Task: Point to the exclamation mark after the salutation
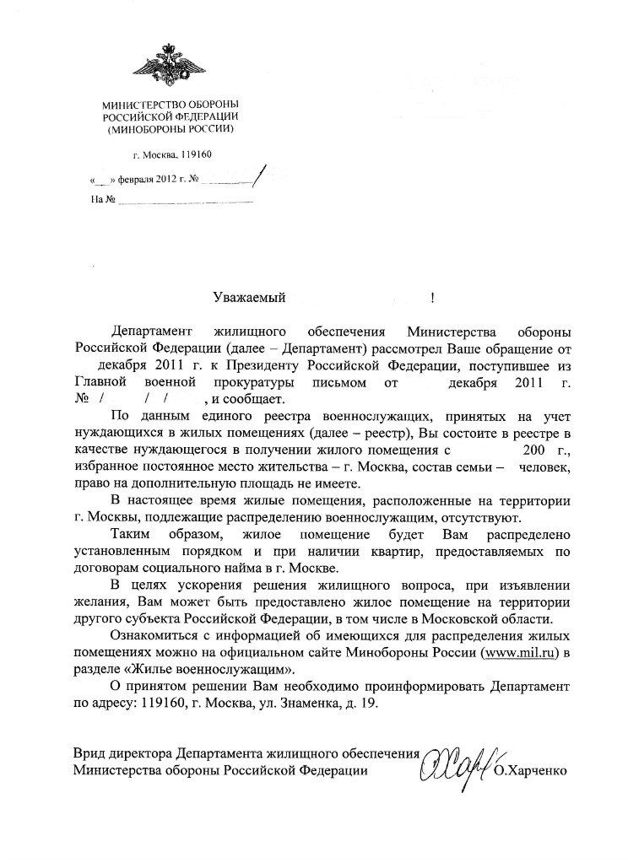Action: click(x=432, y=297)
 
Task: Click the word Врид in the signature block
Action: click(x=89, y=752)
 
